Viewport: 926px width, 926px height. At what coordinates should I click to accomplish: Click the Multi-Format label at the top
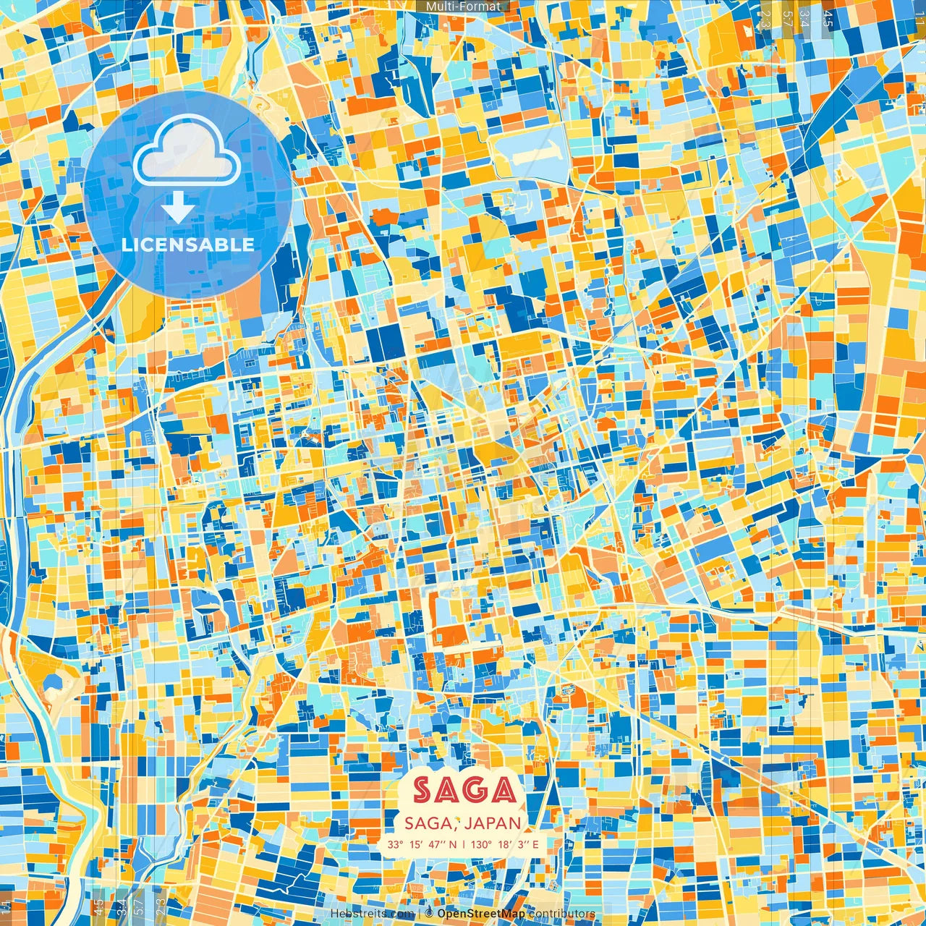463,7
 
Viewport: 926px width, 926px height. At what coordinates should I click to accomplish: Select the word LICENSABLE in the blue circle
188,245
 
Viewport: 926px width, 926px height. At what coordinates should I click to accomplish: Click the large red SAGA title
464,791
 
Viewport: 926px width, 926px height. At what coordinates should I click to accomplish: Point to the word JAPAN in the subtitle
493,823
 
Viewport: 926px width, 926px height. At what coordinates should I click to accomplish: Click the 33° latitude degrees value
394,844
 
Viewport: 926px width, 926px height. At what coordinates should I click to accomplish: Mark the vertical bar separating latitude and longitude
464,844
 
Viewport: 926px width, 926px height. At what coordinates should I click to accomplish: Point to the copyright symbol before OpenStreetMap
429,914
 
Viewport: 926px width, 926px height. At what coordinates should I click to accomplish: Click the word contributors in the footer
562,914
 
